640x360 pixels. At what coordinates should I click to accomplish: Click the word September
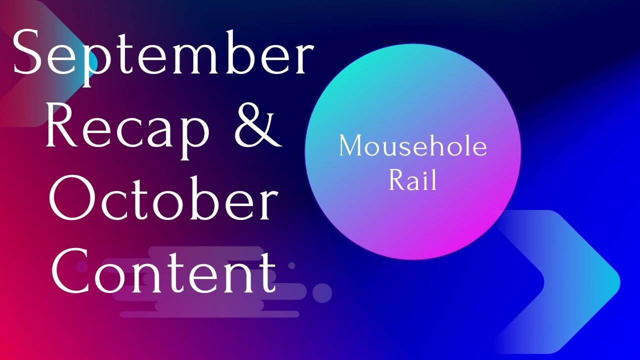point(163,54)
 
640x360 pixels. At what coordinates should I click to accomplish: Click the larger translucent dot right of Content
point(322,293)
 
